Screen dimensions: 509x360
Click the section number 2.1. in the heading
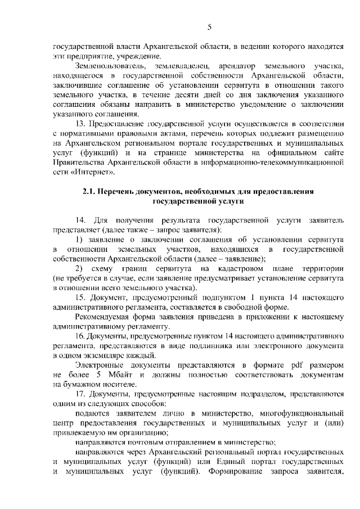[89, 192]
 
